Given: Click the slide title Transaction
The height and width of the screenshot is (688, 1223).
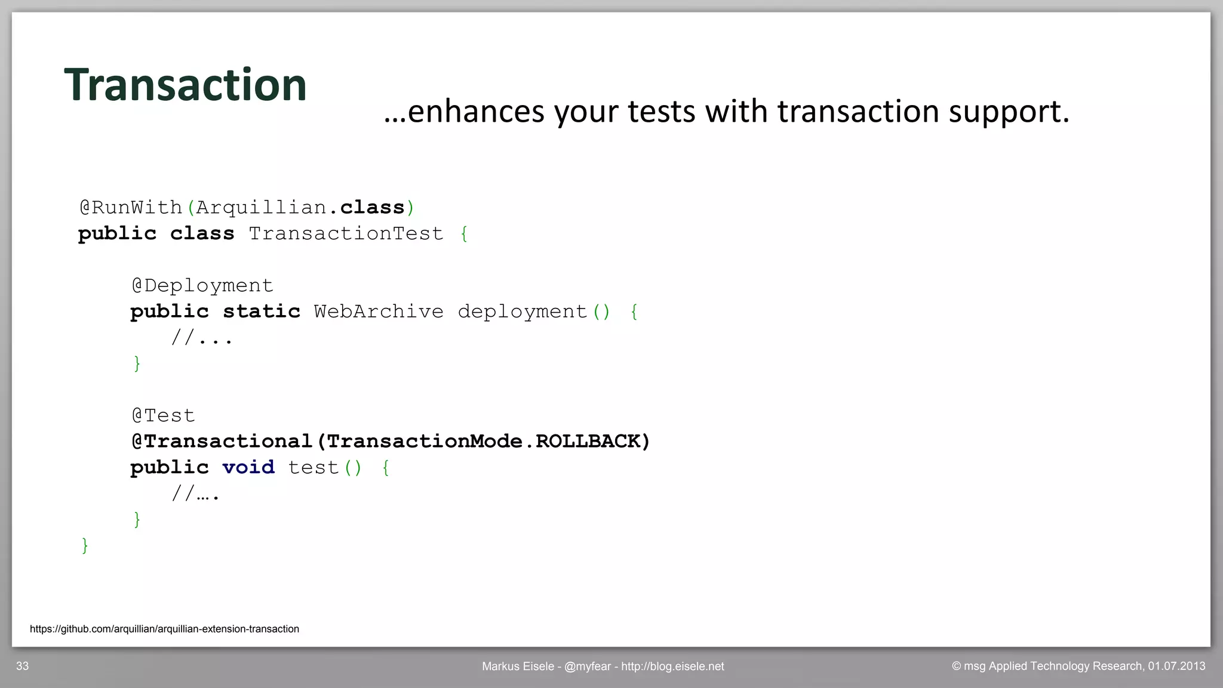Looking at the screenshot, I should (x=185, y=85).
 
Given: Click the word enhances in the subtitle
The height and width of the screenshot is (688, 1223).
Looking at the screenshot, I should (x=476, y=112).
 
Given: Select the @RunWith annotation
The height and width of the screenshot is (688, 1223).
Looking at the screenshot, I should (x=130, y=208).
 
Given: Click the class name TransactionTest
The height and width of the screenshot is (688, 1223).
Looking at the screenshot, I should (x=346, y=234).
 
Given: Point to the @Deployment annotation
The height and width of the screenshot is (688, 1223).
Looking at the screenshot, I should (x=202, y=286).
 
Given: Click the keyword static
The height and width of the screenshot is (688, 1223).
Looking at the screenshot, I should (x=262, y=311).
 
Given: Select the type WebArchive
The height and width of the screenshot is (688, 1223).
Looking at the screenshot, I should (x=379, y=311).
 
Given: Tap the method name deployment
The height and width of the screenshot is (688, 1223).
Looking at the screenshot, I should (x=523, y=311).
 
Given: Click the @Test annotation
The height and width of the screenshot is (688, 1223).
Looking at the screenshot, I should (x=163, y=415).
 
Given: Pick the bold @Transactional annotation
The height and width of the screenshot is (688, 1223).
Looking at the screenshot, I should (x=222, y=442).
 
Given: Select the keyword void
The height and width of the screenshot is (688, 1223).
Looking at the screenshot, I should (x=248, y=467).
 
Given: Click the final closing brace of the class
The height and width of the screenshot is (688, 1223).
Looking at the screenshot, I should (x=85, y=545).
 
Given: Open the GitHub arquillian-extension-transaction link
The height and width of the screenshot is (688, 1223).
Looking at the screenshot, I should (x=164, y=629).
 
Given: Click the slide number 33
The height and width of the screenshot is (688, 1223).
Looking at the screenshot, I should (x=23, y=667).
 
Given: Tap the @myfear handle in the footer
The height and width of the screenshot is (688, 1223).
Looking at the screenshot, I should (x=587, y=667).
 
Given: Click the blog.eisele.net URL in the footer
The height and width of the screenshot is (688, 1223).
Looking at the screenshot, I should (x=672, y=667).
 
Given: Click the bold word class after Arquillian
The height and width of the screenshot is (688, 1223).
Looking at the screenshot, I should (x=372, y=208).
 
